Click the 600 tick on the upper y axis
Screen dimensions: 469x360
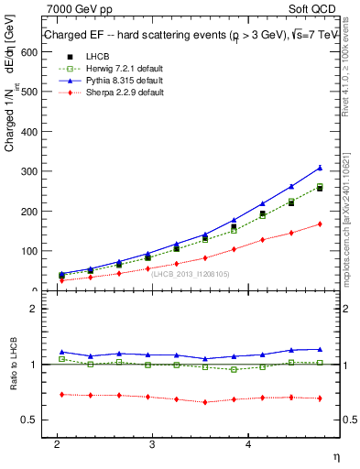30,52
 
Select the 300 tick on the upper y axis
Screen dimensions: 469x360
30,171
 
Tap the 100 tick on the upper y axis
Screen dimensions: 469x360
30,251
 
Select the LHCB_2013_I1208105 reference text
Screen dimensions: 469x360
190,274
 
